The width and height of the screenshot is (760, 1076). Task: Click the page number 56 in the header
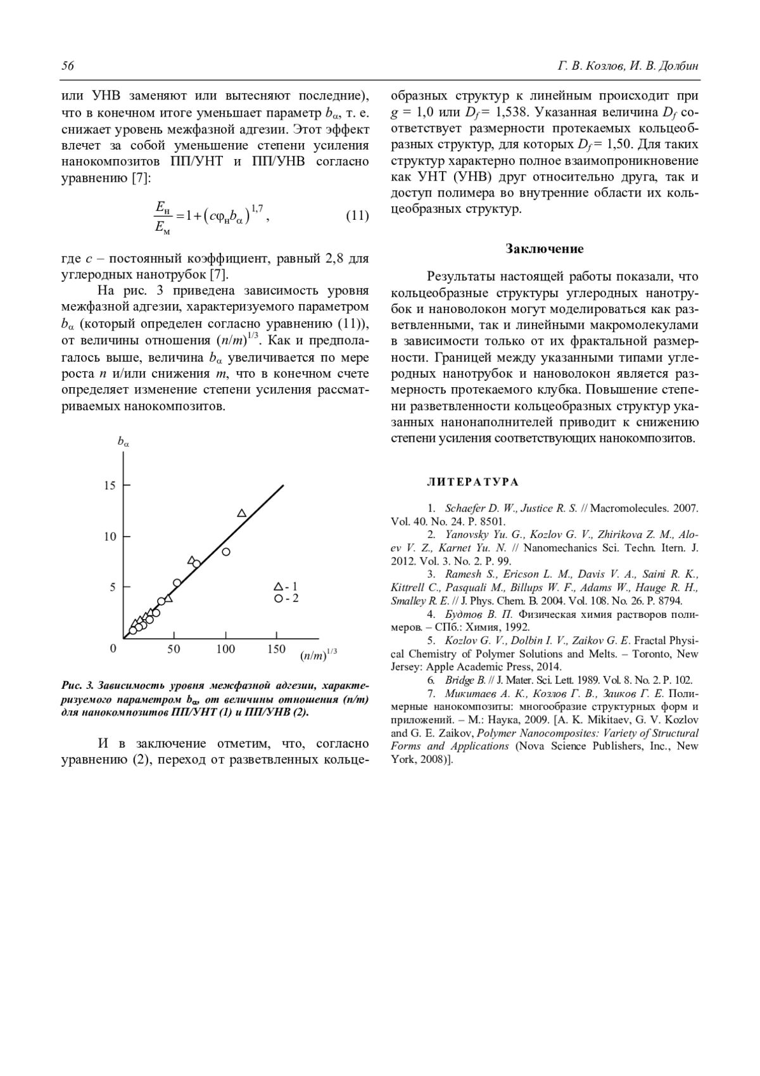68,67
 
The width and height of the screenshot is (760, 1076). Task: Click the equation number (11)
357,216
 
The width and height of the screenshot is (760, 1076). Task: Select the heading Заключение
545,249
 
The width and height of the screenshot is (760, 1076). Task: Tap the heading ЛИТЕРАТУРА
473,482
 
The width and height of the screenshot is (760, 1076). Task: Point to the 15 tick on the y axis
110,486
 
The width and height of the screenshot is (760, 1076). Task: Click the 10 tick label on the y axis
110,537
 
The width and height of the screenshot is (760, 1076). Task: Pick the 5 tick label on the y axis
113,587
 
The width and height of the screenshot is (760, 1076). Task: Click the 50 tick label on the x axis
174,650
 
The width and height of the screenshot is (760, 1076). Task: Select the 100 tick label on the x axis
225,650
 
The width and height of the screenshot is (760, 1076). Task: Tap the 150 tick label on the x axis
276,650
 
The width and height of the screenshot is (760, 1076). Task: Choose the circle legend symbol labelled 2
277,599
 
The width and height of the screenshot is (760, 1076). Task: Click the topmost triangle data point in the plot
241,513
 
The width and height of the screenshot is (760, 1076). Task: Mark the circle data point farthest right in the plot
225,552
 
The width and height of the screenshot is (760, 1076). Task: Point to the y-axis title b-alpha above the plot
123,442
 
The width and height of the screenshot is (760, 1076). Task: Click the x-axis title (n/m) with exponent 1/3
318,655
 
